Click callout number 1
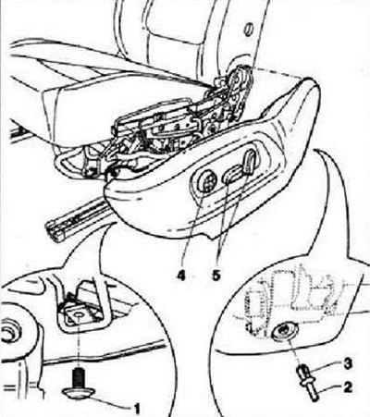point(137,409)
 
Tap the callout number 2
point(348,387)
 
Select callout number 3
point(348,364)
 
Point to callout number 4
point(181,276)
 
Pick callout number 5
point(216,276)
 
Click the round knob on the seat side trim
point(208,182)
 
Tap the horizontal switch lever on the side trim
point(233,173)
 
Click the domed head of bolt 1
point(79,392)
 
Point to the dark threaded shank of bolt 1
point(79,377)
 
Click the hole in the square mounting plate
point(79,316)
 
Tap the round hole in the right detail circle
point(283,332)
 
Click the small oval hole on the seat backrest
point(248,30)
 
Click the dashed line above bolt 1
point(79,342)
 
